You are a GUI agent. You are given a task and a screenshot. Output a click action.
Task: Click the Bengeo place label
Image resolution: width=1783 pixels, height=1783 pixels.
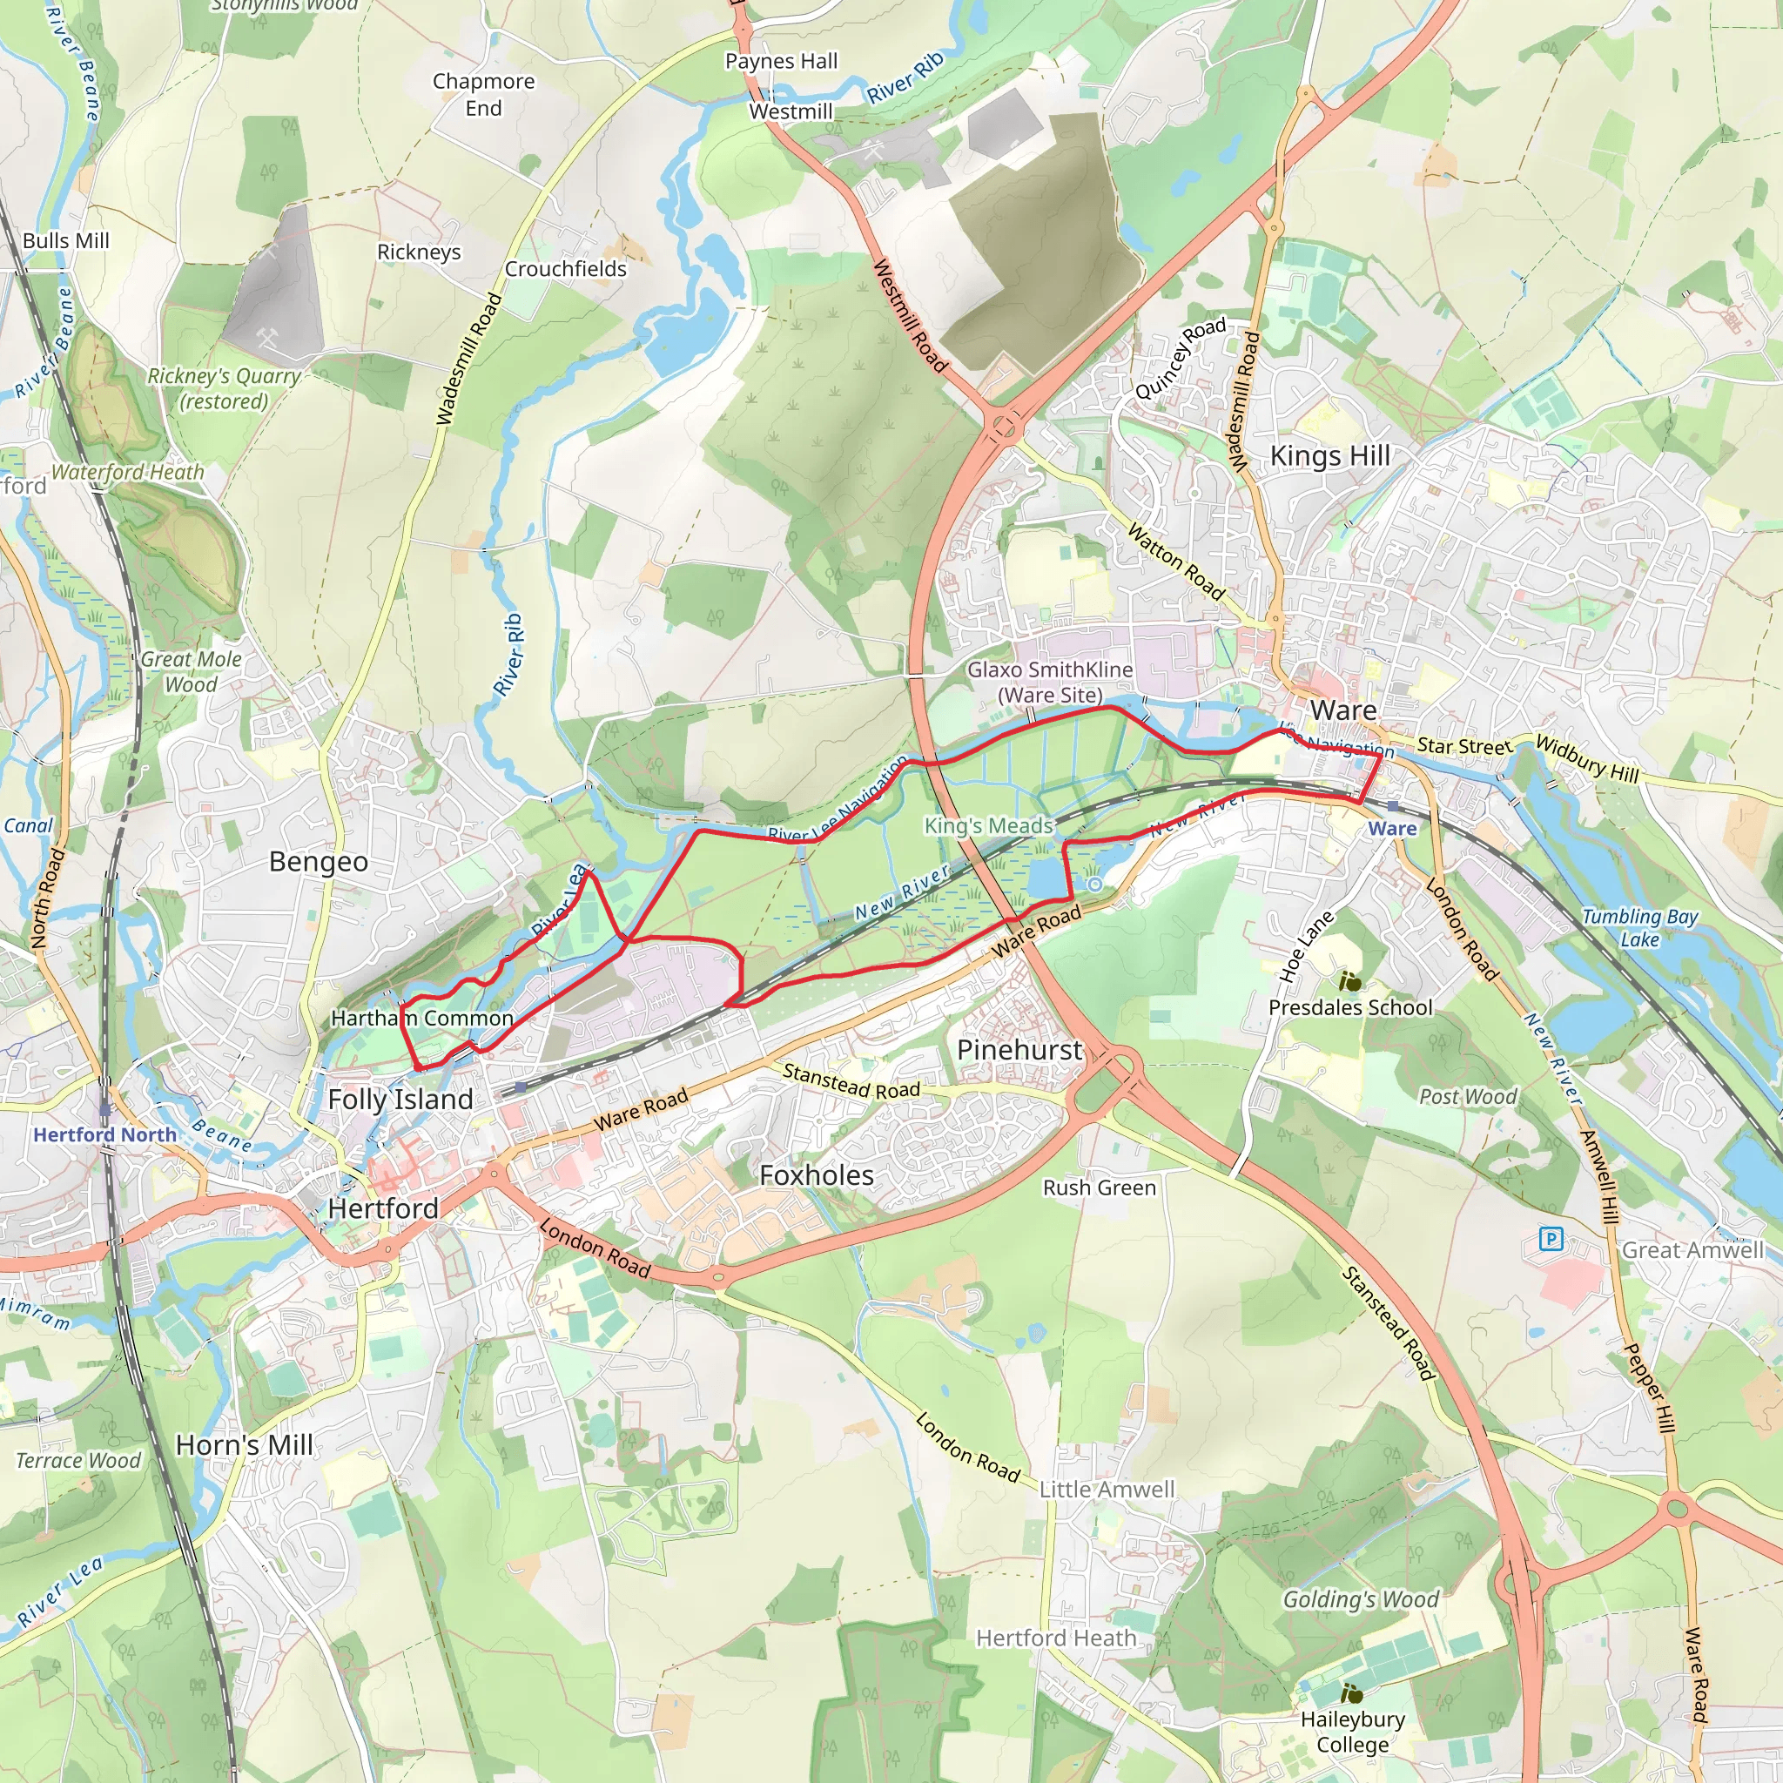[319, 861]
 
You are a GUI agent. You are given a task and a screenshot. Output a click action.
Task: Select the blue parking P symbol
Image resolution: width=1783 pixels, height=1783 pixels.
[1551, 1239]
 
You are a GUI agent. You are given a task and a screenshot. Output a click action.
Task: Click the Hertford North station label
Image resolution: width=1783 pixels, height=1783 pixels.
[104, 1134]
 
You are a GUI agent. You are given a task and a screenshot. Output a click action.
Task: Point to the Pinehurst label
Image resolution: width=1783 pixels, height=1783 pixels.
[1019, 1049]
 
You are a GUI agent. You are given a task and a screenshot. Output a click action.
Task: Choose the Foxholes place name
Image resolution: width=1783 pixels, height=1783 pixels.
[816, 1174]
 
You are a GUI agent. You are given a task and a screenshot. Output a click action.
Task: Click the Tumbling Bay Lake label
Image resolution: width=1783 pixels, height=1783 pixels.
[1639, 927]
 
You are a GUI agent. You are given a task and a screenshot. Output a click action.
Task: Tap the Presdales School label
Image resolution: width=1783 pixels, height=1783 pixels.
[1350, 1007]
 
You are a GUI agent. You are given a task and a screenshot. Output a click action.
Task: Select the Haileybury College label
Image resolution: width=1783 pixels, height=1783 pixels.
[1352, 1732]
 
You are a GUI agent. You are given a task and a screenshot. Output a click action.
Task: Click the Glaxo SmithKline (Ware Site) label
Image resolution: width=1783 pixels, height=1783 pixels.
[1049, 682]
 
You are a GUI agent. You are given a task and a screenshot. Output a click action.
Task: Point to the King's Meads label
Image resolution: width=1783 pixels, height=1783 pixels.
[988, 826]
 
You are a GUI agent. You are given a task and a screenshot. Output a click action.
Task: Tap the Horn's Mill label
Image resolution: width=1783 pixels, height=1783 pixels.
[245, 1444]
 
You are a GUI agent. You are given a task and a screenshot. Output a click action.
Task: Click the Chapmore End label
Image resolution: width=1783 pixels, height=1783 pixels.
[483, 94]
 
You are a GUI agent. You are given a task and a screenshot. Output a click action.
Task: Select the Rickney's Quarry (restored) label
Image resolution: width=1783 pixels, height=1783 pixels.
[225, 388]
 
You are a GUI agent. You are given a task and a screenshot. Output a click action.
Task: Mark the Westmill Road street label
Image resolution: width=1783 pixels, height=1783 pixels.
[910, 316]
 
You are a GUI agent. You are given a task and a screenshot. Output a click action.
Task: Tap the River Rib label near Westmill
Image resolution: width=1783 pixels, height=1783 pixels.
[905, 77]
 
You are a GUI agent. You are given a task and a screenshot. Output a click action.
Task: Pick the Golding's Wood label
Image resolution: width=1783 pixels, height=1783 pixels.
[1361, 1598]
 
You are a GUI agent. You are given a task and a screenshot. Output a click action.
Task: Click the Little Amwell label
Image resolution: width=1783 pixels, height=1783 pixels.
[1107, 1489]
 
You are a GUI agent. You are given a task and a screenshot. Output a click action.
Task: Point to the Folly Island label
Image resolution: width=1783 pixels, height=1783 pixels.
[400, 1100]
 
